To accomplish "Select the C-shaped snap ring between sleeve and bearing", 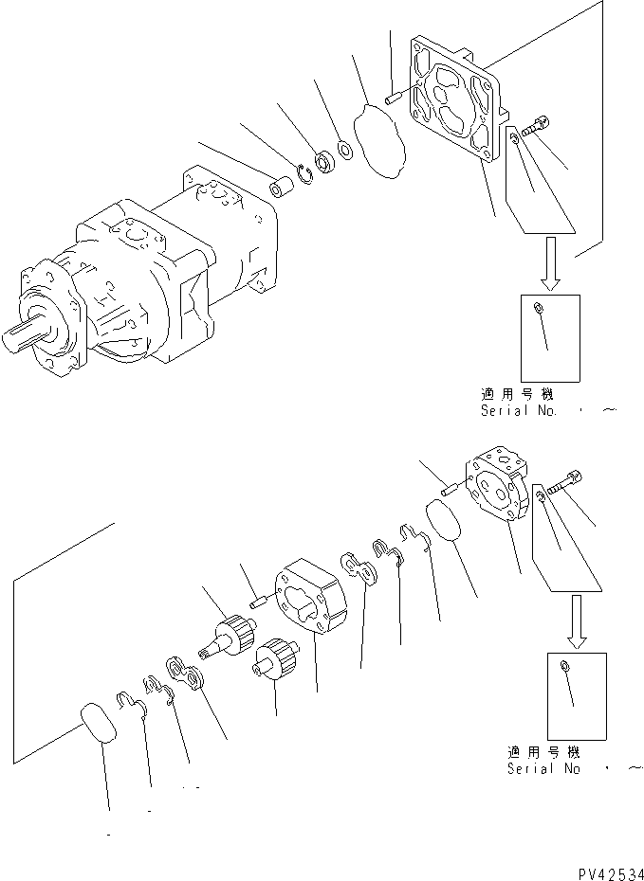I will (305, 172).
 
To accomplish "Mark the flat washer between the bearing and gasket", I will (346, 150).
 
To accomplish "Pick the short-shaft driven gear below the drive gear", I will (274, 659).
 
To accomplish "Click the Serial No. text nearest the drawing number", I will (544, 769).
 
